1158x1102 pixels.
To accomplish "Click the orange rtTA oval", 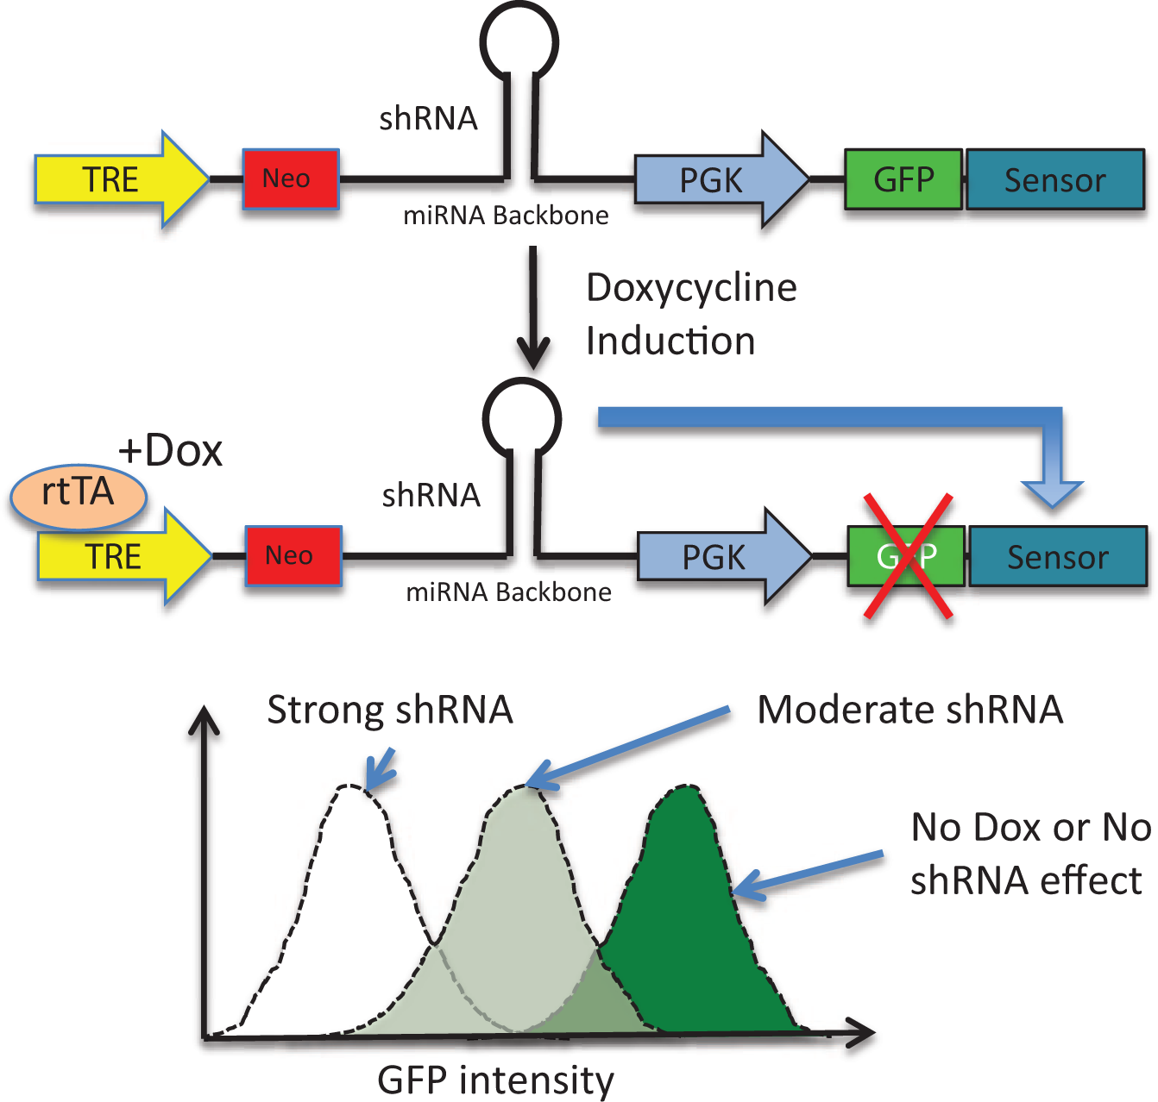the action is [78, 496].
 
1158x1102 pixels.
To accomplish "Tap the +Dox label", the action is [170, 451].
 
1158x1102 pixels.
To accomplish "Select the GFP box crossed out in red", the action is [906, 555].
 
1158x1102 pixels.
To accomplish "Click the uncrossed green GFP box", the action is [903, 179].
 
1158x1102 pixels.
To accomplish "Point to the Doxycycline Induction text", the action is [691, 315].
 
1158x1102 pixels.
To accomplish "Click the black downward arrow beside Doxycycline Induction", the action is [533, 308].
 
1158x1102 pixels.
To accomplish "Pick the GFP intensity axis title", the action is [495, 1080].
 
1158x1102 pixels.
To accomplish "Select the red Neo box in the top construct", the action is [291, 179].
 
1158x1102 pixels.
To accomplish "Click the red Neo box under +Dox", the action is [293, 555].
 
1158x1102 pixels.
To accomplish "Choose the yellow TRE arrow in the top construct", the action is [122, 179].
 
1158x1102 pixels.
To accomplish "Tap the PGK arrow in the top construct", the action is [721, 179].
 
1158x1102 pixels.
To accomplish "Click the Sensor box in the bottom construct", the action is [1058, 555].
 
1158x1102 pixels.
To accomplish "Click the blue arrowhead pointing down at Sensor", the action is [1052, 494].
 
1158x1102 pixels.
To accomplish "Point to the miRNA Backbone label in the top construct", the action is [506, 216].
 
